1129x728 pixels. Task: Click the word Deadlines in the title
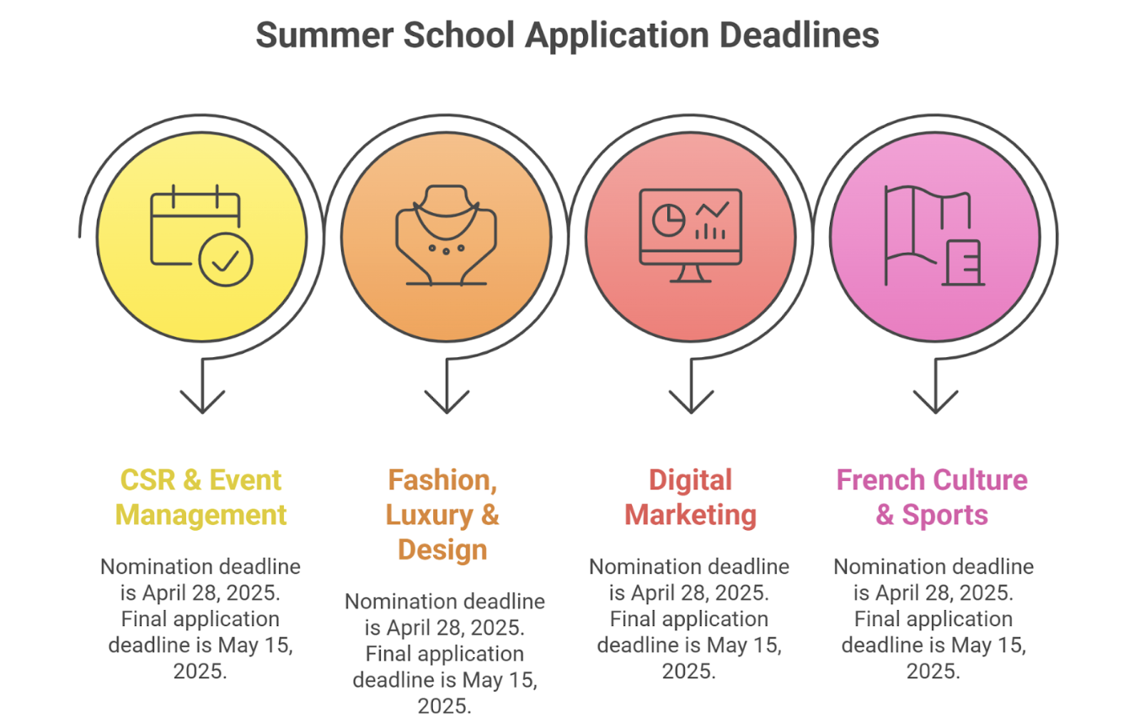pos(799,35)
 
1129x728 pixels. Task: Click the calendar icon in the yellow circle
pos(201,235)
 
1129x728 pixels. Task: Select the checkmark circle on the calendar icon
pos(226,260)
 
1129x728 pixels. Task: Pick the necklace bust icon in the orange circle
pos(446,235)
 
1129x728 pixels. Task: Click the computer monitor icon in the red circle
pos(691,235)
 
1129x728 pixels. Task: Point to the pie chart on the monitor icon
pos(668,220)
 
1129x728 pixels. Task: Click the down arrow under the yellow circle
pos(202,386)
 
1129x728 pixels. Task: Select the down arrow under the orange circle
pos(447,386)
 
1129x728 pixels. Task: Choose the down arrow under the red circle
pos(691,386)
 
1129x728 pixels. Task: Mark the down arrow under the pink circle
pos(936,386)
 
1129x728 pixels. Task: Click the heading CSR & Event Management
pos(201,498)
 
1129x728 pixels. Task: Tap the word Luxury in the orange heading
pos(430,516)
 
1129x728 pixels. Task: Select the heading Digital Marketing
pos(691,498)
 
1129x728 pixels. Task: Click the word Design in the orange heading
pos(442,550)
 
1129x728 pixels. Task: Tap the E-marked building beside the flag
pos(963,263)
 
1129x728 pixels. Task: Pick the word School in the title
pos(458,35)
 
